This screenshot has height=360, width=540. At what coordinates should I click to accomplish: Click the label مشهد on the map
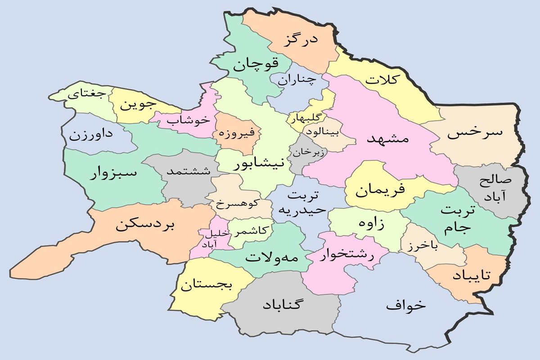tap(387, 139)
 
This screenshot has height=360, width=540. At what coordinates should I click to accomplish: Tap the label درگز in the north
tap(301, 40)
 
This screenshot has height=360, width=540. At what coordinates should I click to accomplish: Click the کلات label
tap(382, 80)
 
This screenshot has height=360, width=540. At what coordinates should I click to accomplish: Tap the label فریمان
tap(380, 190)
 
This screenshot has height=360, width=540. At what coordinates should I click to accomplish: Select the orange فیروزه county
tap(237, 133)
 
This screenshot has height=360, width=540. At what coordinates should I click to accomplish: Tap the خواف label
tap(405, 305)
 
